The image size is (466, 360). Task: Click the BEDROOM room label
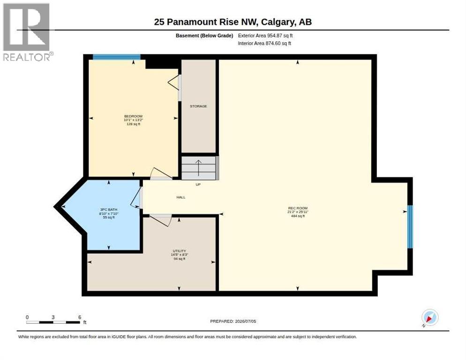[x=133, y=116]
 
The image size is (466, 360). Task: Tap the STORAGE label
[x=198, y=106]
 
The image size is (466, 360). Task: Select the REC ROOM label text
[x=298, y=208]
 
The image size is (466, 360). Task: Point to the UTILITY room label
[x=179, y=251]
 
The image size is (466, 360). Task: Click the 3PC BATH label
[x=109, y=210]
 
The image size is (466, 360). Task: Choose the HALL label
[x=181, y=197]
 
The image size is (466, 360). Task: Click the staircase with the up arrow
[x=198, y=168]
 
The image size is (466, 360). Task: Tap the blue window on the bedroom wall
[x=116, y=57]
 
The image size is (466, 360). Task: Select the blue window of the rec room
[x=410, y=227]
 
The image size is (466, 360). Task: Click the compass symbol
[x=430, y=318]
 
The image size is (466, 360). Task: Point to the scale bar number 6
[x=80, y=317]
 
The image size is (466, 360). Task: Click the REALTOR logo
[x=27, y=32]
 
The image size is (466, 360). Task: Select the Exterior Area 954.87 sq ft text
[x=265, y=36]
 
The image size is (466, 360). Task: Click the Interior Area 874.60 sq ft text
[x=264, y=44]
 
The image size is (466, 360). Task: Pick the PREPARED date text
[x=233, y=322]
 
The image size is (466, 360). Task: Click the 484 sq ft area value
[x=298, y=216]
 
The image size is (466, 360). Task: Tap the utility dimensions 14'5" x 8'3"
[x=180, y=255]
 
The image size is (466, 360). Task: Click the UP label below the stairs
[x=198, y=185]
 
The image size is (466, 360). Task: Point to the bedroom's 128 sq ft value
[x=134, y=124]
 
